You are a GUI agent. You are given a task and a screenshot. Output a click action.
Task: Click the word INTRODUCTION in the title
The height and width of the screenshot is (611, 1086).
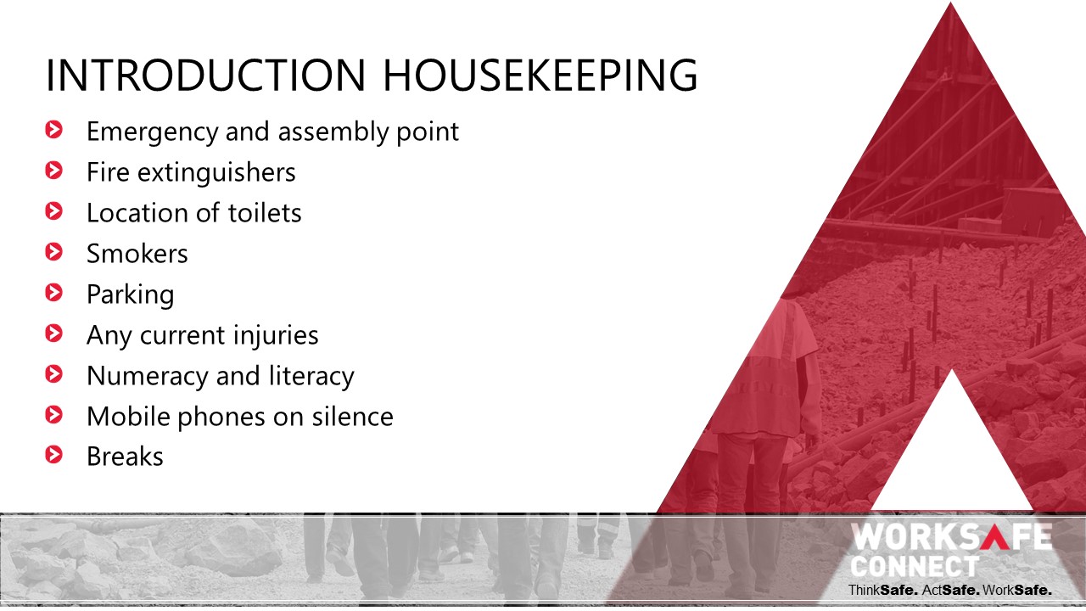click(205, 76)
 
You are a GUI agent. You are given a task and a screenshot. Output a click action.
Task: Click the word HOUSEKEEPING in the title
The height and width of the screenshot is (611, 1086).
click(540, 76)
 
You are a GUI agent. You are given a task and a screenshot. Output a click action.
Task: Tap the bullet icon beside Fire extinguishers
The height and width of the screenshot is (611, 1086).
click(53, 171)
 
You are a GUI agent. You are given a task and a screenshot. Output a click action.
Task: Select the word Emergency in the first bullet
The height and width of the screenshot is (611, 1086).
click(152, 132)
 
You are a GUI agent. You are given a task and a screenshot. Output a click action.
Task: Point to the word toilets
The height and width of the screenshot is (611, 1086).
click(265, 213)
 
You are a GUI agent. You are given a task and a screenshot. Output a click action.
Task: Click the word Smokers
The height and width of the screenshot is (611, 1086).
click(137, 254)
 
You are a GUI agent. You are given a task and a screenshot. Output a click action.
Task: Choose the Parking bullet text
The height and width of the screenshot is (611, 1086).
click(131, 295)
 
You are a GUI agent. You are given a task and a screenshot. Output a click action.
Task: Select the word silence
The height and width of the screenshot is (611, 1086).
click(352, 417)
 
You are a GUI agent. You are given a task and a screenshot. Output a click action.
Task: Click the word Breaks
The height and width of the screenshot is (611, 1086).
click(125, 457)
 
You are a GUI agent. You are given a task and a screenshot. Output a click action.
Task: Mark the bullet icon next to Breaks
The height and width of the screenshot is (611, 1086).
click(53, 455)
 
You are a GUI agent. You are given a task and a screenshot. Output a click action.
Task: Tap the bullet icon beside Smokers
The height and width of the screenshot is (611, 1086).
click(53, 252)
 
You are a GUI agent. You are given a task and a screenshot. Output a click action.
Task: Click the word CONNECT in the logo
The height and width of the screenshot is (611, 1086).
click(915, 566)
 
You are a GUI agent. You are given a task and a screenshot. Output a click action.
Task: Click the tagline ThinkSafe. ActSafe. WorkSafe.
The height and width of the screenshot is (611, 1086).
click(949, 591)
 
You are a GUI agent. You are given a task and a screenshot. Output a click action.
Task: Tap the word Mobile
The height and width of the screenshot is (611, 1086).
click(128, 417)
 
